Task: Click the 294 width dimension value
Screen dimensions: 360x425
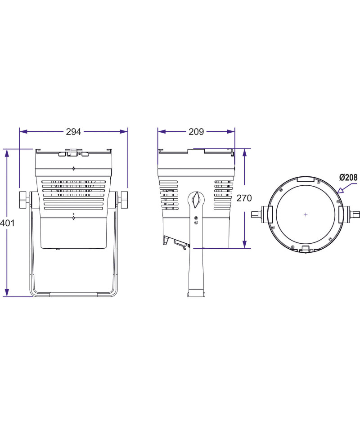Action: (x=73, y=132)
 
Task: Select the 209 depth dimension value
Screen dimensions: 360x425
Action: (x=196, y=132)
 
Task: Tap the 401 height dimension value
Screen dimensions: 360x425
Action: (x=7, y=223)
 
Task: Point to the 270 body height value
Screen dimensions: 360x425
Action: (x=244, y=198)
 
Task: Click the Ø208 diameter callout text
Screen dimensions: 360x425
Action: (x=349, y=178)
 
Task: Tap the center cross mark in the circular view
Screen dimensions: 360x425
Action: (x=306, y=215)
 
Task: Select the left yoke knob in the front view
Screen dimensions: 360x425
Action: (x=24, y=200)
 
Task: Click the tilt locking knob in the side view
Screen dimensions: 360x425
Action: (x=196, y=200)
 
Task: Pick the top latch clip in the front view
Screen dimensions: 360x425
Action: (x=73, y=152)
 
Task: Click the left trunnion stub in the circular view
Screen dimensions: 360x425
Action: (x=256, y=215)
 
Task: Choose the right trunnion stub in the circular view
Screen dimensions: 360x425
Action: (x=355, y=215)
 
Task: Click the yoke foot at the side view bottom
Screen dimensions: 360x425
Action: (x=196, y=293)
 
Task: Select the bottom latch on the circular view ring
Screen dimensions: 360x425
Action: (x=306, y=249)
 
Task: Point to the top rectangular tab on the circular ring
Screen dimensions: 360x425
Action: (x=306, y=179)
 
